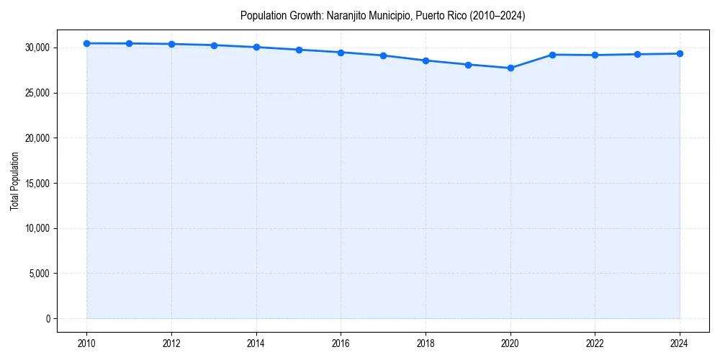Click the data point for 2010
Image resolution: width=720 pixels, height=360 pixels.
pos(86,43)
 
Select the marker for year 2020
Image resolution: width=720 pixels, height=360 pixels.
pos(510,68)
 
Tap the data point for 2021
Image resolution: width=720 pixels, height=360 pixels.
pos(553,55)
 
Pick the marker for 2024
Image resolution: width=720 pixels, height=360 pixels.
pos(680,54)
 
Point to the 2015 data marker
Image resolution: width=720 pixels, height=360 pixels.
pos(299,50)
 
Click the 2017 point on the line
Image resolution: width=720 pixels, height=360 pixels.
pos(383,55)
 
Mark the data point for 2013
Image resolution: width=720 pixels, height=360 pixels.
pos(214,45)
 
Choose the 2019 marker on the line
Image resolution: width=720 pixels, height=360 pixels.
pos(468,65)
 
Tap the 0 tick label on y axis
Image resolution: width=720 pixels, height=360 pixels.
pos(48,318)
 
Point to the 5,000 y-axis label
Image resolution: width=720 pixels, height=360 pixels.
pos(39,274)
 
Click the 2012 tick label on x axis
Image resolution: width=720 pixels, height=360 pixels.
pos(171,343)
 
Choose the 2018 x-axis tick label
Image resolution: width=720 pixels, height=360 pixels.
pos(426,343)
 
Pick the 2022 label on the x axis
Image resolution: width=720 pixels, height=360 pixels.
pos(595,343)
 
